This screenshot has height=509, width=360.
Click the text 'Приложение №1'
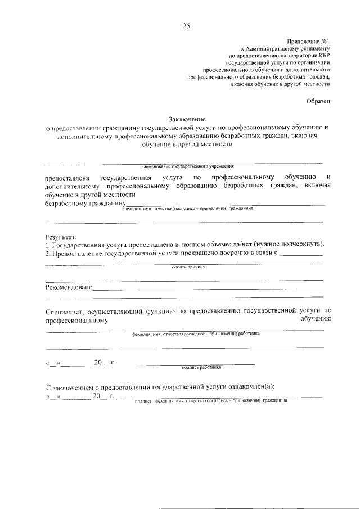309,42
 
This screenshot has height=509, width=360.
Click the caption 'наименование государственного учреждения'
187,166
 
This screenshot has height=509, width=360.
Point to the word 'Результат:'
62,237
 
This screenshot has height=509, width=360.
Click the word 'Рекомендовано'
70,287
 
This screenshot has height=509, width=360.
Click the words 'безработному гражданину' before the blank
85,203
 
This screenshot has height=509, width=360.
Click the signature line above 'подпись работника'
195,363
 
